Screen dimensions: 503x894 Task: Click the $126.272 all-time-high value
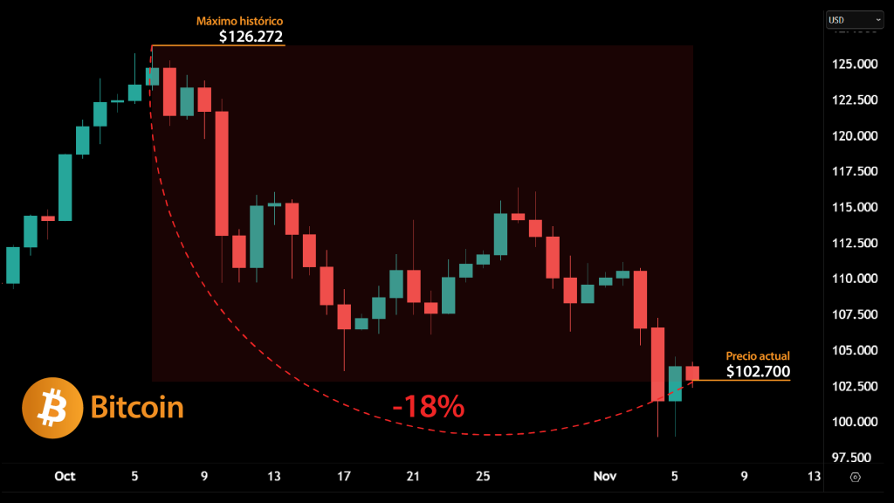pos(251,36)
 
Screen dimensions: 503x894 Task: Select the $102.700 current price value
pos(758,371)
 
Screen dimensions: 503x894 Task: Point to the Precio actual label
pos(758,356)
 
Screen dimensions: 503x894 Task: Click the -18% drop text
pos(428,406)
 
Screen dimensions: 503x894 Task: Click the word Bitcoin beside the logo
pos(137,408)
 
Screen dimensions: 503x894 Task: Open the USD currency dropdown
pos(855,19)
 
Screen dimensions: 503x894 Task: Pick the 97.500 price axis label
pos(850,458)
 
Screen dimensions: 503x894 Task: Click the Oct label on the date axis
pos(65,476)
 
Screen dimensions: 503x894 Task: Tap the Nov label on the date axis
pos(605,476)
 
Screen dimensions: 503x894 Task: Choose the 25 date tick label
pos(483,476)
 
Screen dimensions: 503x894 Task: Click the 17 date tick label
pos(344,476)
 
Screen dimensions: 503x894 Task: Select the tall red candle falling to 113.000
pos(222,173)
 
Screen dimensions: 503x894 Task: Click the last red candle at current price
pos(692,373)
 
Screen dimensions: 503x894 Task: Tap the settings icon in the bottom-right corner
pos(855,477)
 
